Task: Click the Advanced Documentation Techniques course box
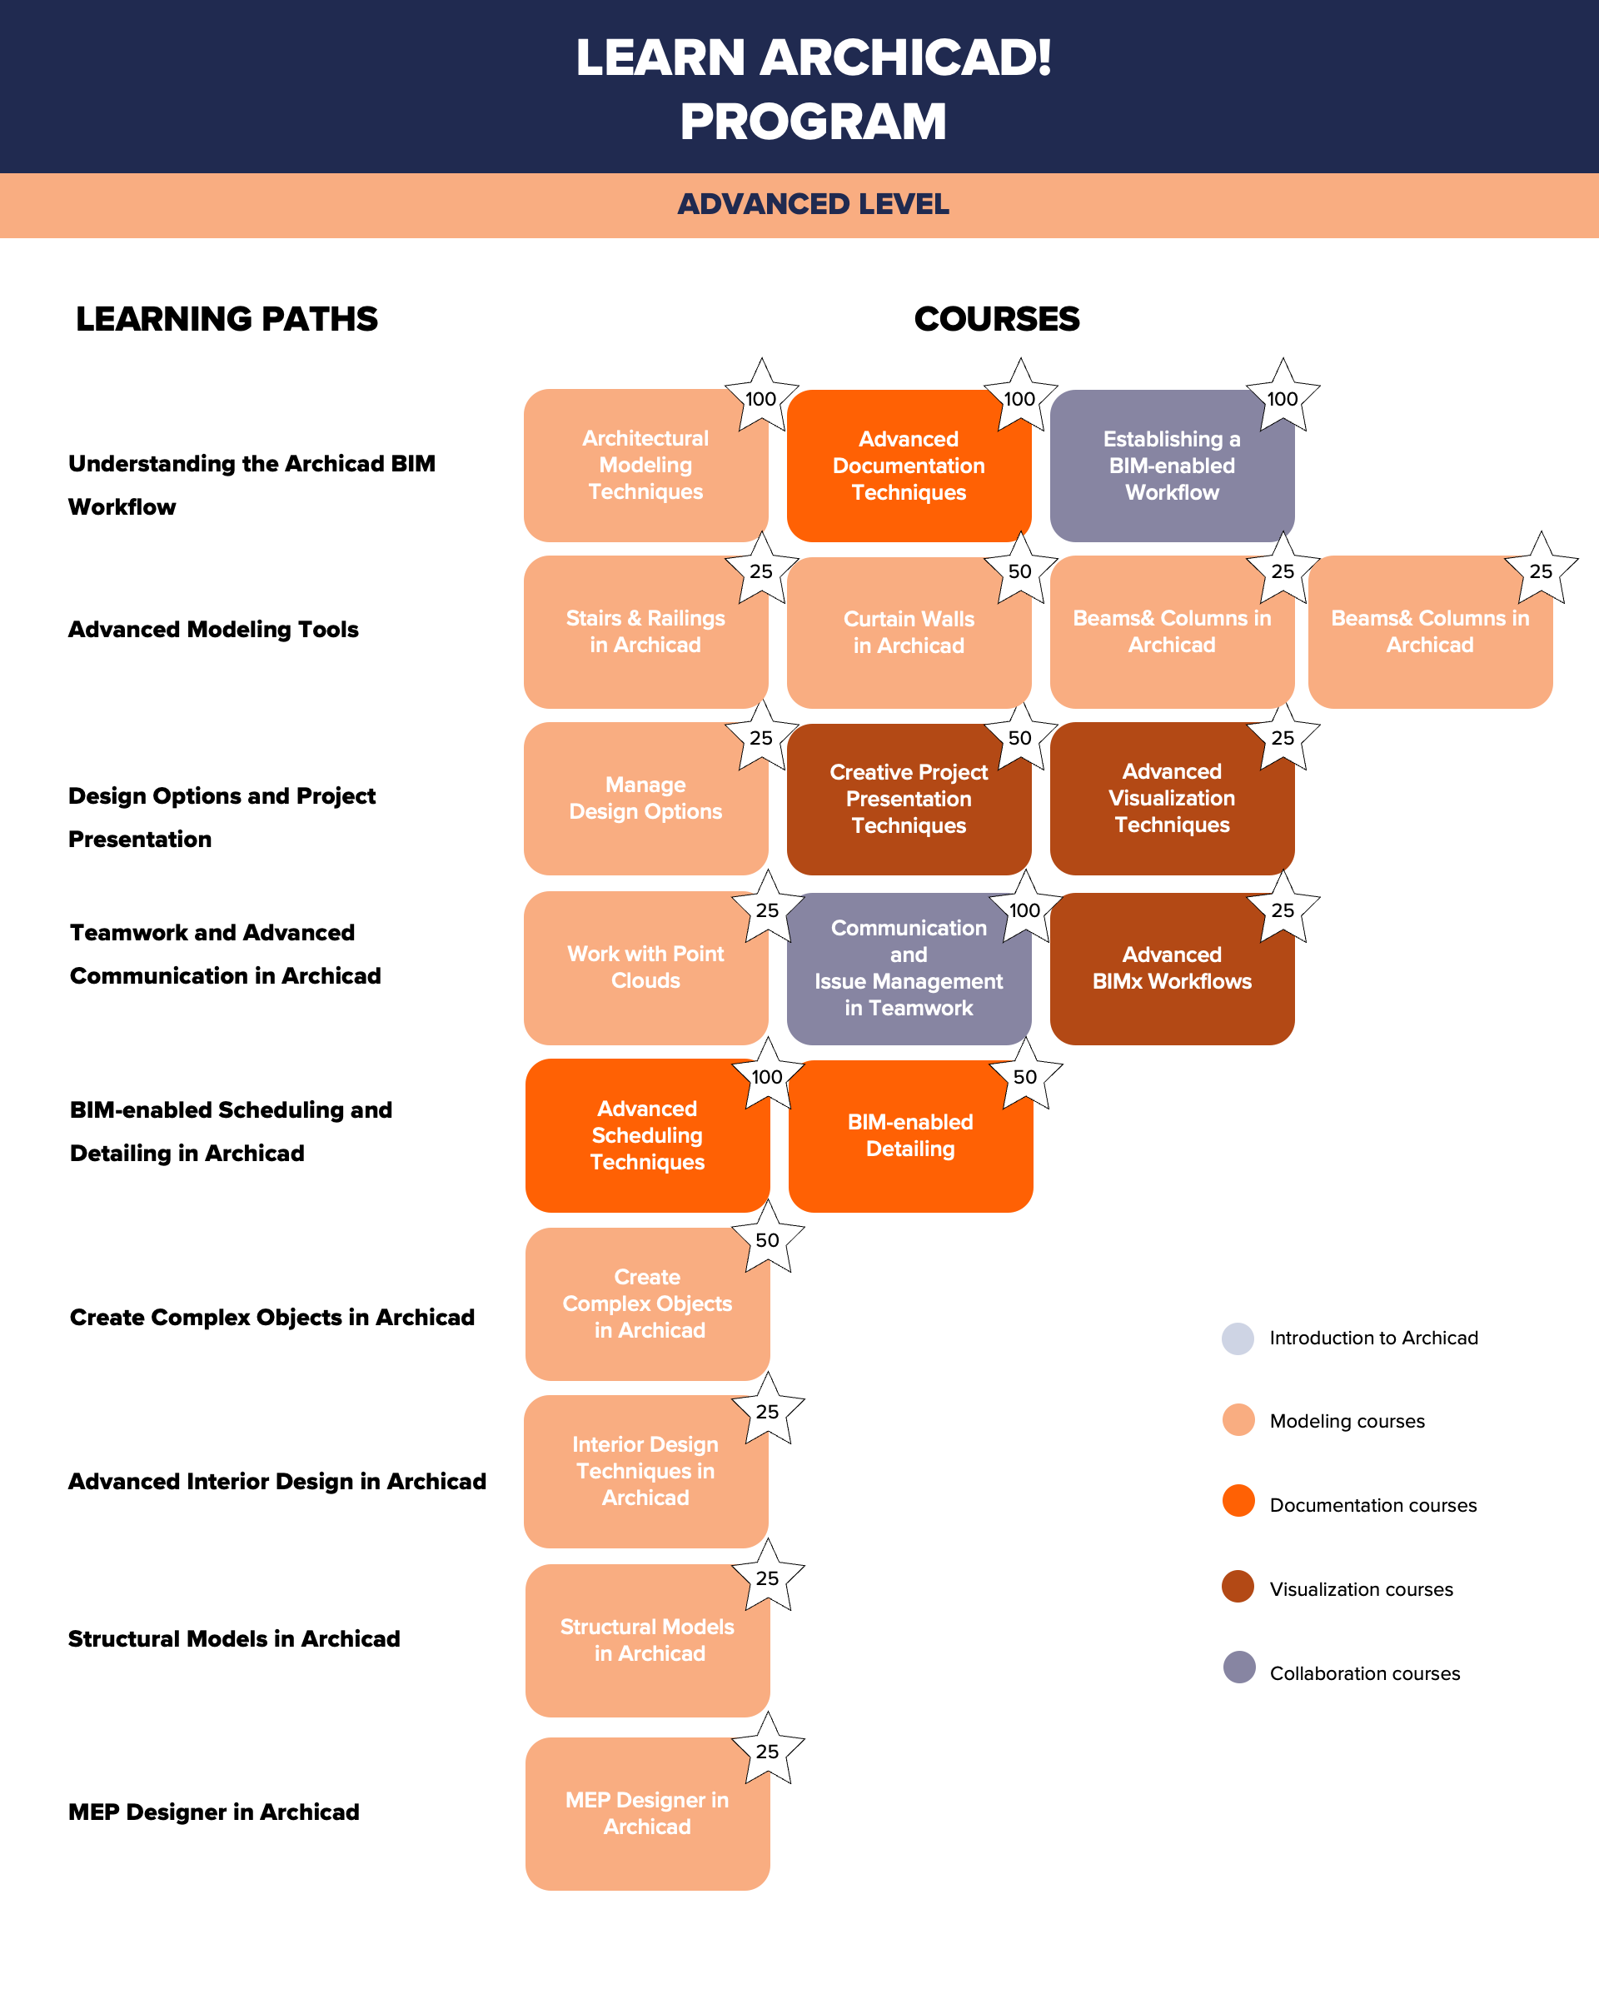click(x=909, y=466)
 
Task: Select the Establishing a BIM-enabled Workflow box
click(x=1172, y=466)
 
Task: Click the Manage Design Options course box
click(x=645, y=798)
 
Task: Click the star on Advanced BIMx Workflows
click(x=1283, y=910)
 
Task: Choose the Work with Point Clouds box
click(x=645, y=967)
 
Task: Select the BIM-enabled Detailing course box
click(x=910, y=1136)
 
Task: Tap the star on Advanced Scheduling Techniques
click(x=766, y=1075)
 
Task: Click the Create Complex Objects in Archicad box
click(x=647, y=1304)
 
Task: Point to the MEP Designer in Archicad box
click(x=647, y=1812)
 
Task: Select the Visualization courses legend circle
click(x=1238, y=1587)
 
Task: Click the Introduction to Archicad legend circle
click(x=1238, y=1338)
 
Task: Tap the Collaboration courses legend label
click(x=1364, y=1673)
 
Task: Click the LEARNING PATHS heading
click(x=227, y=319)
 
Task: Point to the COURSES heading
click(x=997, y=319)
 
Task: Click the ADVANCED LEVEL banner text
click(x=813, y=204)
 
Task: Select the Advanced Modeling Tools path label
click(x=213, y=630)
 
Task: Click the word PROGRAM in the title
click(x=813, y=122)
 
